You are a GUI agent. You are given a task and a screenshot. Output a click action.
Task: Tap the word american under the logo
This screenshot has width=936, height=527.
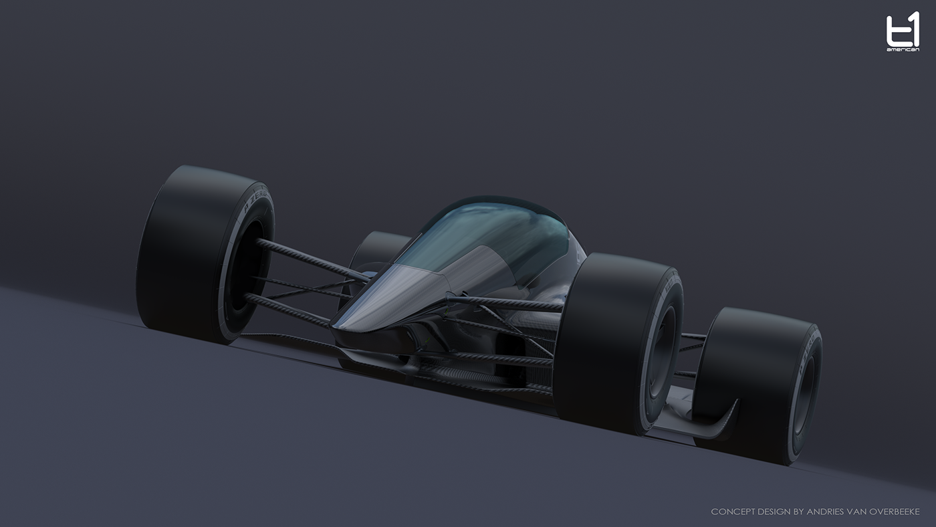pyautogui.click(x=902, y=49)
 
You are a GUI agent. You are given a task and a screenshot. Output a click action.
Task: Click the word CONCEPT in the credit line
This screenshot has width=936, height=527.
pyautogui.click(x=733, y=512)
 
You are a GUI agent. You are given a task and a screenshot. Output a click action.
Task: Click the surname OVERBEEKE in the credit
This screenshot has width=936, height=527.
pyautogui.click(x=893, y=512)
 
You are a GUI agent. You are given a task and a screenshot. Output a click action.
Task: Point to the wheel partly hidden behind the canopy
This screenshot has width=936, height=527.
pyautogui.click(x=378, y=251)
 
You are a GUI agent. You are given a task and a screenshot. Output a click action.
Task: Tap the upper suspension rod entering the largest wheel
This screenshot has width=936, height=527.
pyautogui.click(x=308, y=258)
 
